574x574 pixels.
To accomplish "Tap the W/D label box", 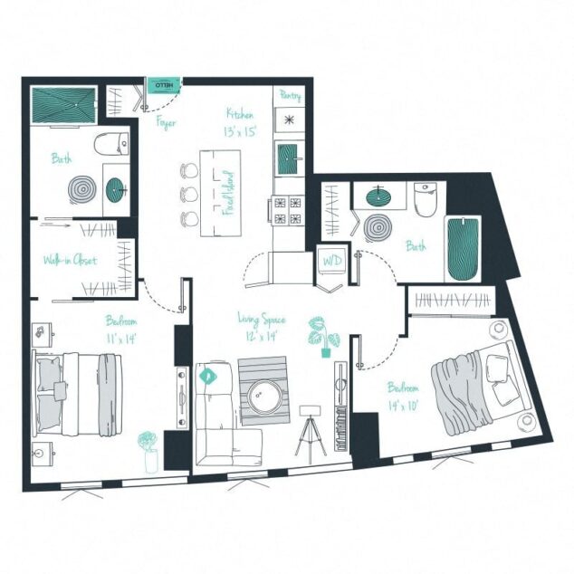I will tap(331, 261).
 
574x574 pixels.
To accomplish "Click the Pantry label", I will tap(291, 95).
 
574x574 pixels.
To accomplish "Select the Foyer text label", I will tap(166, 123).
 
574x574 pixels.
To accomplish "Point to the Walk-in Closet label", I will tap(70, 261).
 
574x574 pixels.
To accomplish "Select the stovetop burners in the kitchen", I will tap(289, 210).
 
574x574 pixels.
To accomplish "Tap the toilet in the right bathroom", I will tap(425, 198).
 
